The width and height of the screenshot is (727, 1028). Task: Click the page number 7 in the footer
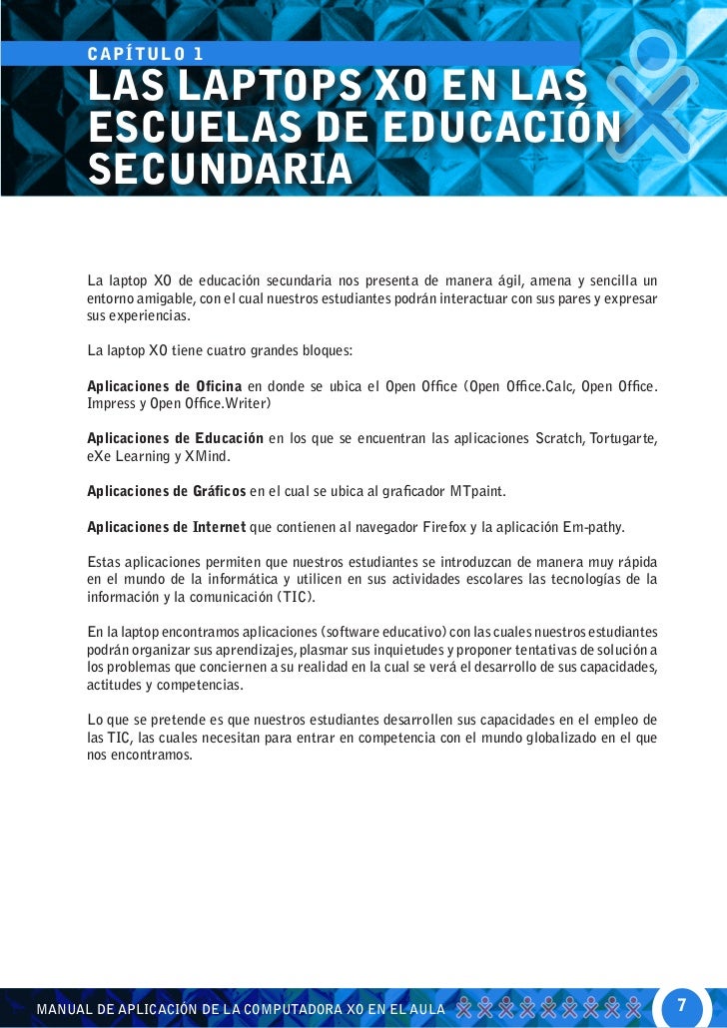(682, 1002)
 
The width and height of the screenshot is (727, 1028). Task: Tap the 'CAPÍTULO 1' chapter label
(146, 53)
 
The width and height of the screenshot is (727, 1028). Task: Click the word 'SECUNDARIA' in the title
(220, 168)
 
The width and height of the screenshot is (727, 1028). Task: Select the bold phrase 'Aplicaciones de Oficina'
(165, 386)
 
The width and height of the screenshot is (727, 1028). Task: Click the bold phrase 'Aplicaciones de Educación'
(176, 438)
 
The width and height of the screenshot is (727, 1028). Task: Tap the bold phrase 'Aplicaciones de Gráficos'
(167, 490)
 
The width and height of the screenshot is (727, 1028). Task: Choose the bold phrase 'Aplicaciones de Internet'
(166, 526)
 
